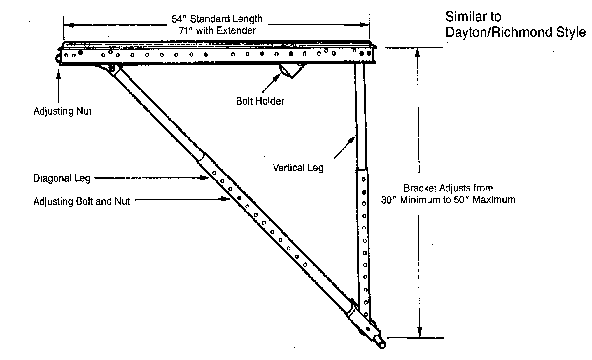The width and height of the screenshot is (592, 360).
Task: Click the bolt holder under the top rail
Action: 292,71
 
